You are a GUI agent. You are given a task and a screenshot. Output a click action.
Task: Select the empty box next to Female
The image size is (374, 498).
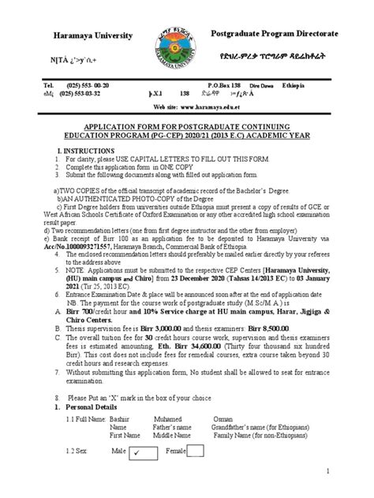[x=194, y=451]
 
